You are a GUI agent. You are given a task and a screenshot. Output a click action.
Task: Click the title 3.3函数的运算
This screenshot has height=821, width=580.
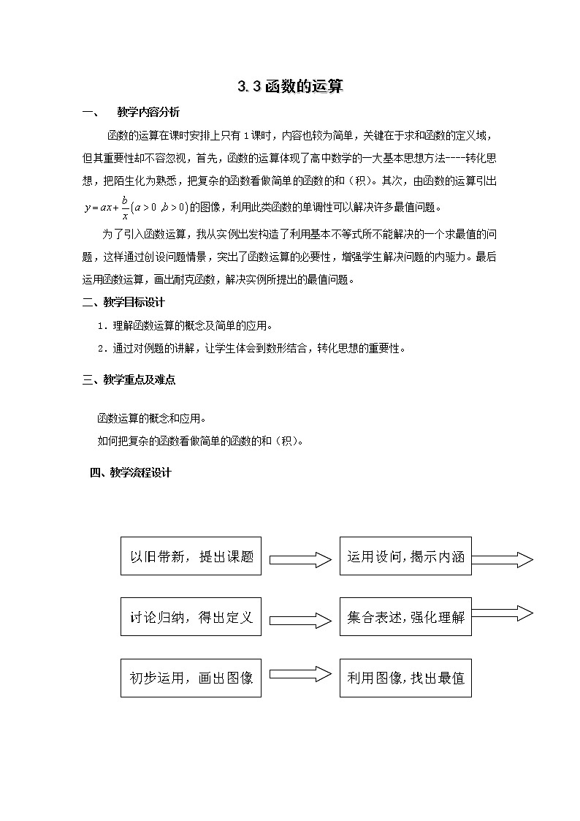click(290, 87)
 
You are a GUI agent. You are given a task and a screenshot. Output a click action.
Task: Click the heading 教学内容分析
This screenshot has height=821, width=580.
click(148, 113)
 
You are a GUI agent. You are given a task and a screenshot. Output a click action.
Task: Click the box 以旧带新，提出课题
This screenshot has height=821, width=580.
click(191, 556)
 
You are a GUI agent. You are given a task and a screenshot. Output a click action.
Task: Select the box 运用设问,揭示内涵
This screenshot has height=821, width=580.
click(405, 556)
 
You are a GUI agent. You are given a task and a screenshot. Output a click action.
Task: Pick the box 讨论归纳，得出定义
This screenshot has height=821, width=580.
click(191, 617)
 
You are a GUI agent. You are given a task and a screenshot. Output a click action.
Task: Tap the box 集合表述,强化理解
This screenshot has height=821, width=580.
click(405, 617)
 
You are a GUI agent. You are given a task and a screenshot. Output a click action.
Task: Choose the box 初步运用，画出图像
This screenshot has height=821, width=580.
click(191, 678)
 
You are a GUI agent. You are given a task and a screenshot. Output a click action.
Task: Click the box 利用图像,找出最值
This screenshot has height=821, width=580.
click(405, 678)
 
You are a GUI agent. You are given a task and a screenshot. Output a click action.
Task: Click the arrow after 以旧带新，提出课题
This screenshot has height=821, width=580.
click(300, 560)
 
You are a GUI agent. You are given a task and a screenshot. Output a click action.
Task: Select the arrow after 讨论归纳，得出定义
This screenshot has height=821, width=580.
click(300, 620)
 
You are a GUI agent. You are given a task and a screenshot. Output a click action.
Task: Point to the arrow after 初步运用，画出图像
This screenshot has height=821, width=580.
click(300, 674)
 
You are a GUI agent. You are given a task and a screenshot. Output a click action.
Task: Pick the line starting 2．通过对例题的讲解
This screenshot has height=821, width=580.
click(251, 348)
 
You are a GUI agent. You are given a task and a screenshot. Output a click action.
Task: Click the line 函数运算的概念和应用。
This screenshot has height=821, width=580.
click(151, 419)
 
